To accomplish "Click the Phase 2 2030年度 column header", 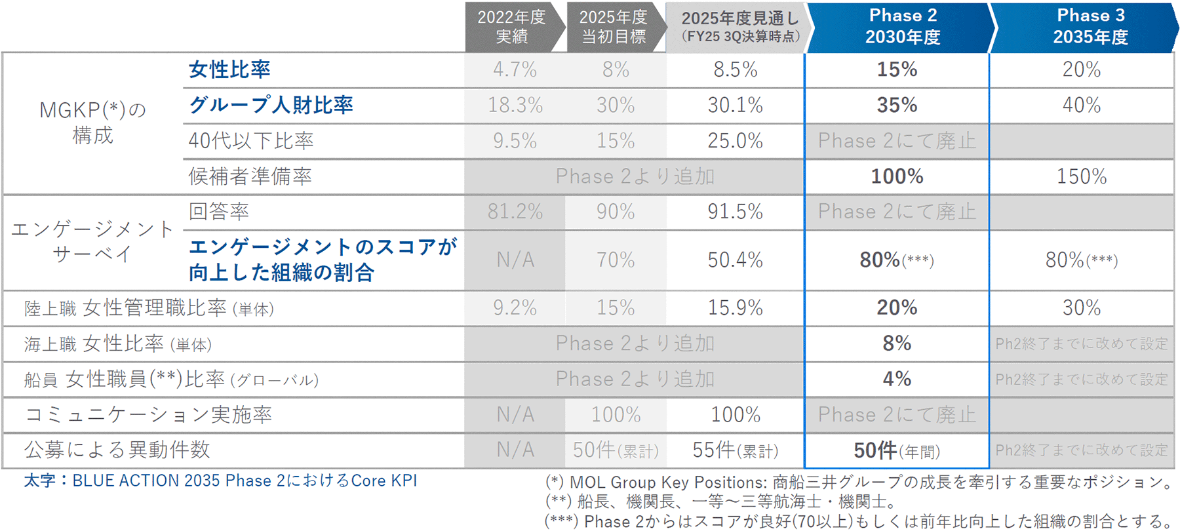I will click(902, 26).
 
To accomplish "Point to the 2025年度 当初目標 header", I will click(614, 26).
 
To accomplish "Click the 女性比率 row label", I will click(229, 69).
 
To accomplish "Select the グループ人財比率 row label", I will click(271, 105).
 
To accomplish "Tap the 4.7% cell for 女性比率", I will click(515, 69).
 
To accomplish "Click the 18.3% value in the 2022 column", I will click(515, 105).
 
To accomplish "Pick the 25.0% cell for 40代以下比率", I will click(735, 140).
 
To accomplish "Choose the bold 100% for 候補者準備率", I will click(897, 176).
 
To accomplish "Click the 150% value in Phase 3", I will click(1082, 176).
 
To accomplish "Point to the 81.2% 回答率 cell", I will click(515, 212).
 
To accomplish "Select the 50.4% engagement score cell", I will click(735, 260).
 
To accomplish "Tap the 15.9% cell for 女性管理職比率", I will click(735, 307).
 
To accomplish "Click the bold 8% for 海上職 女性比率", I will click(897, 343).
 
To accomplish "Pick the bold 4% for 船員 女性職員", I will click(897, 379).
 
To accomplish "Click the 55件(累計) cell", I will click(735, 450).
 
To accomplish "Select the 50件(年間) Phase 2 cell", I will click(897, 450).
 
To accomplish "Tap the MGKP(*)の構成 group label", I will click(92, 123).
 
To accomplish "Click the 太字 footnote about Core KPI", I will click(220, 481).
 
